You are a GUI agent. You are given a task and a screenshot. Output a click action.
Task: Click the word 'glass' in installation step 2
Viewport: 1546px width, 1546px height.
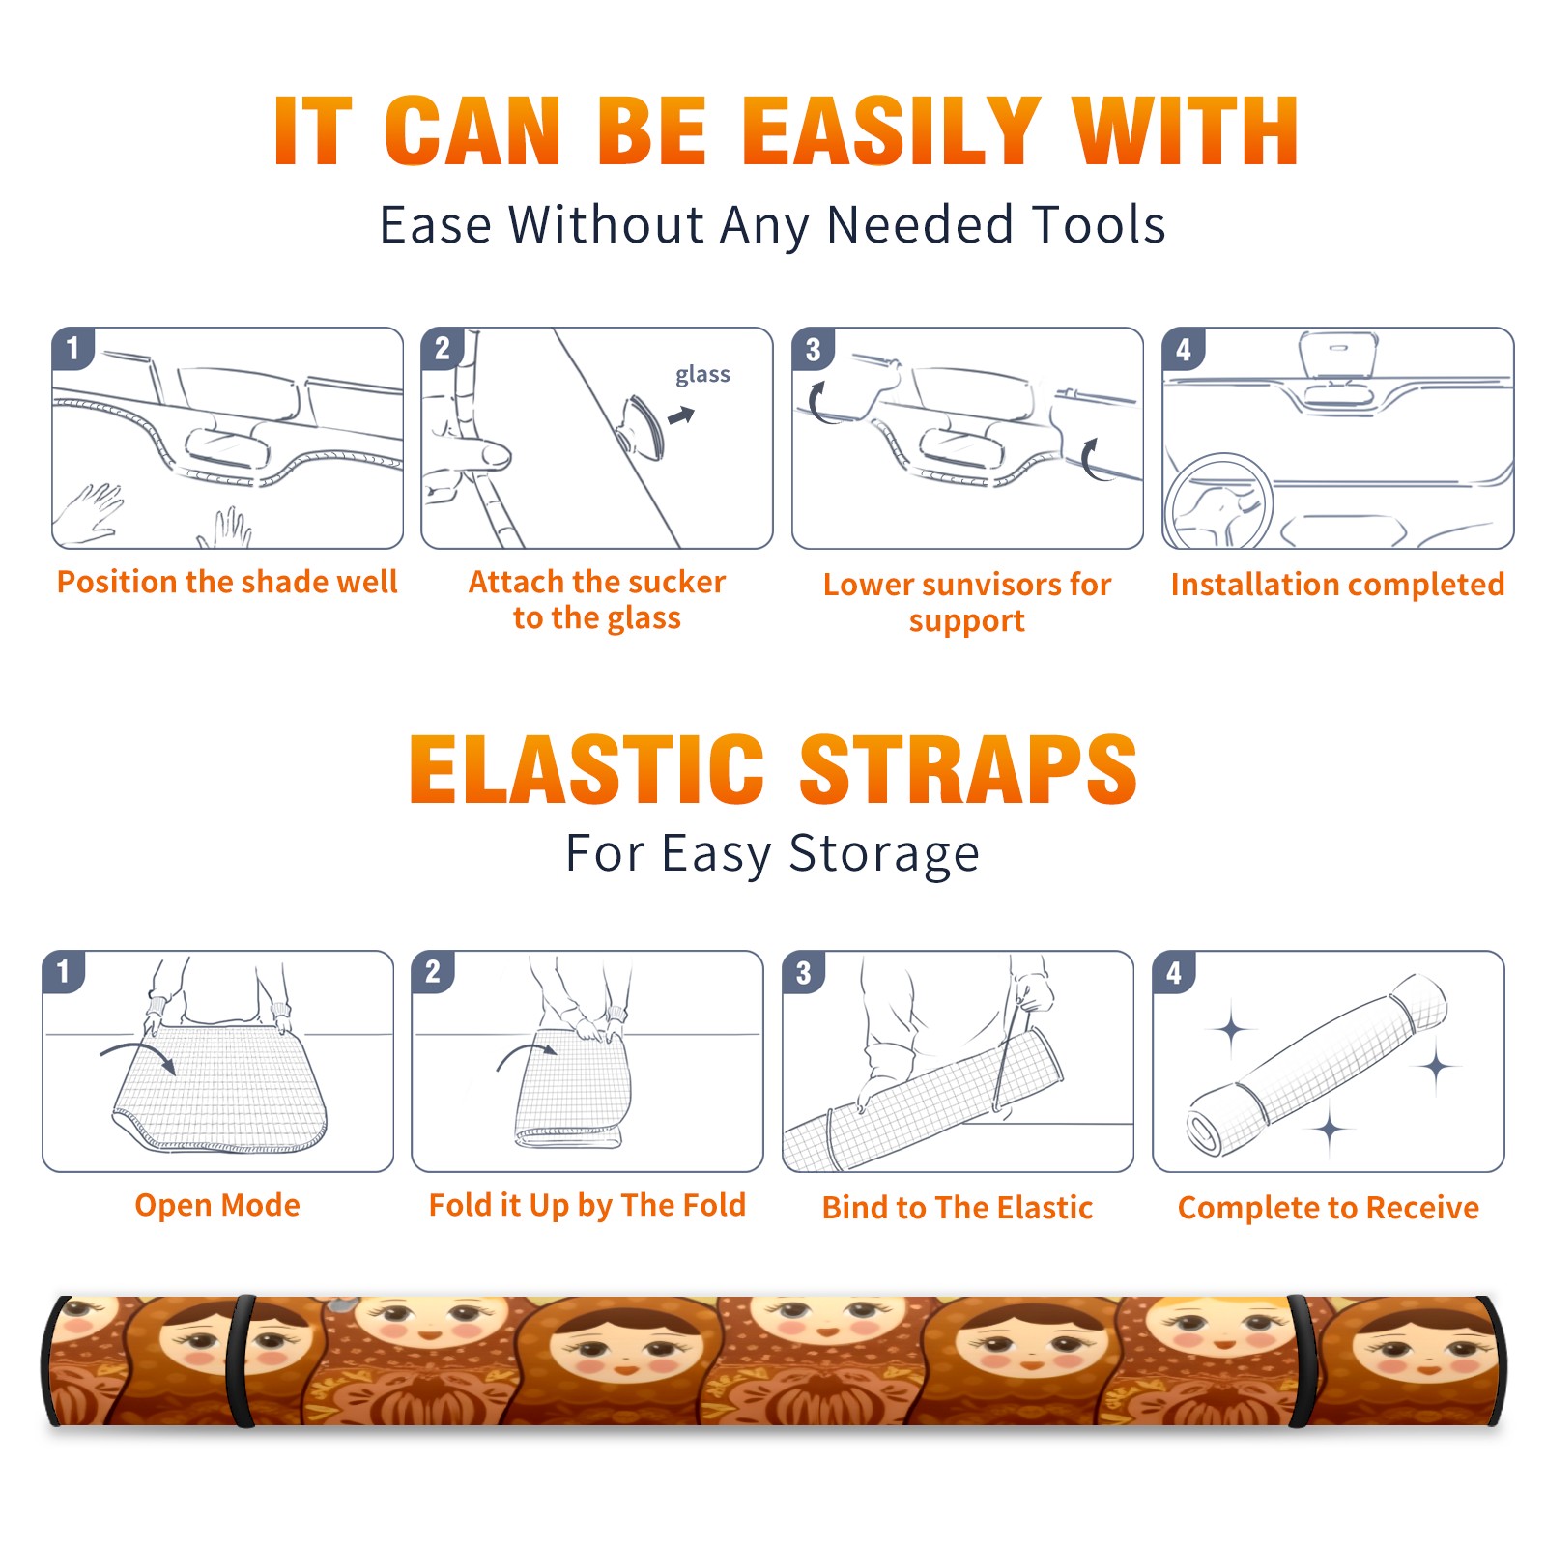tap(702, 375)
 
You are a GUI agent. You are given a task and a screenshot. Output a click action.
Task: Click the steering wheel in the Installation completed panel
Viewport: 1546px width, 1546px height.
tap(1218, 501)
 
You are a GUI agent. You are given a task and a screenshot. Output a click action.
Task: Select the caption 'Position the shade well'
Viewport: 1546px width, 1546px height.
tap(227, 582)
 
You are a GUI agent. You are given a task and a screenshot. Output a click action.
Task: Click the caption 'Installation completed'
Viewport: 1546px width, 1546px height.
tap(1337, 585)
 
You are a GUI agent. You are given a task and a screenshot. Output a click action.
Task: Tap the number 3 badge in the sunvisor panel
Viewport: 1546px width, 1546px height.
tap(813, 349)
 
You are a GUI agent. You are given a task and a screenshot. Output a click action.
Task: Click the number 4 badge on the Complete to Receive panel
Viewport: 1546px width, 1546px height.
tap(1174, 972)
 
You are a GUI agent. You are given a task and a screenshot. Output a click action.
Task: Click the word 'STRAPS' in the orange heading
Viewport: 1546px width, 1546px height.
tap(968, 769)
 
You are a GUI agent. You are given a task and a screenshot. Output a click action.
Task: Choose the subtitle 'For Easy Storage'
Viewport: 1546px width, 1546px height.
tap(773, 855)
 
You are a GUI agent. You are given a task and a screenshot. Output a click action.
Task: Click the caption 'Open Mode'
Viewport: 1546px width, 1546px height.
tap(217, 1206)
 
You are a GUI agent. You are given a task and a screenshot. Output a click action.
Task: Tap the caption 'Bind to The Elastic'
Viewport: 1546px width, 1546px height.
tap(958, 1208)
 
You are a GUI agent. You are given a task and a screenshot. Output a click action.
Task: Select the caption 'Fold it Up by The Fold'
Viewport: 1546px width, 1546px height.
tap(587, 1206)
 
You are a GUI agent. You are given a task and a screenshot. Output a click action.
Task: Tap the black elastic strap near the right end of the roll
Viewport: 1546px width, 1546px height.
tap(1300, 1360)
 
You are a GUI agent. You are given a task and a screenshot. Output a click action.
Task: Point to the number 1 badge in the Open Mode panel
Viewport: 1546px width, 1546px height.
tap(64, 972)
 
